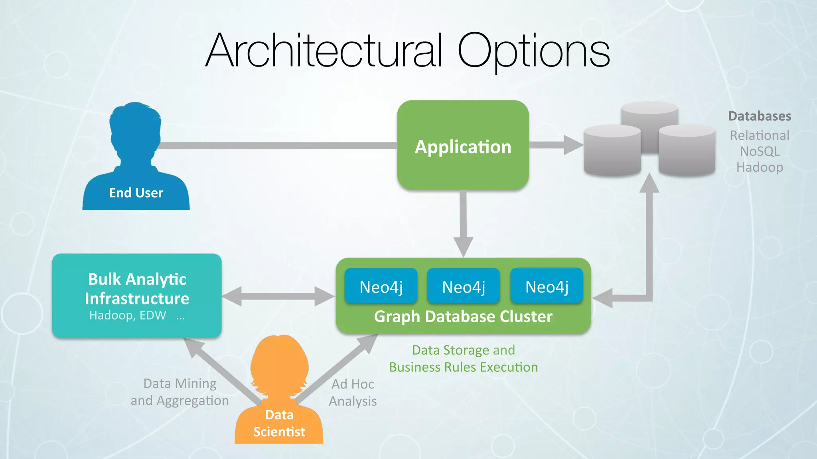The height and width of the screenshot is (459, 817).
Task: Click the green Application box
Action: pos(463,145)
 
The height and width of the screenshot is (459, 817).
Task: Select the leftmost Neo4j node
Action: pos(381,286)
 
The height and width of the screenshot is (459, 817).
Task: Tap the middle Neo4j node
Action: pos(463,286)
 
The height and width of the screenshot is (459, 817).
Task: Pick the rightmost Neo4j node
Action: pos(547,286)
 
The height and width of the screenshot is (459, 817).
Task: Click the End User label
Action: pos(136,193)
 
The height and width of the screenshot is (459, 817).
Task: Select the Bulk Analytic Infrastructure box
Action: pos(137,295)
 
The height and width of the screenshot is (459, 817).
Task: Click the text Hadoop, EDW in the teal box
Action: pos(128,316)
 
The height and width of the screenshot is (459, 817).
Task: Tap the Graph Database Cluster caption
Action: pos(463,317)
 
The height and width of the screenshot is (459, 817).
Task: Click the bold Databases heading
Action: pos(760,116)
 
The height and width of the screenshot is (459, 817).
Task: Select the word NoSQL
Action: pos(760,151)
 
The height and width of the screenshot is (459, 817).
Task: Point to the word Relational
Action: pos(760,135)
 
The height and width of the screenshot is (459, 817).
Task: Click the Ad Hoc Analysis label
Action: pos(353,392)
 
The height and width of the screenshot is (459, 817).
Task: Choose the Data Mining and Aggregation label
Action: pos(180,392)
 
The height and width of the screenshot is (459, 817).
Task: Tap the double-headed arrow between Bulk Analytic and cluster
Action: pos(278,296)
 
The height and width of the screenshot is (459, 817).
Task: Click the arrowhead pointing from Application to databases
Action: pos(572,145)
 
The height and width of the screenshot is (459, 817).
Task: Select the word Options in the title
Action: pos(533,51)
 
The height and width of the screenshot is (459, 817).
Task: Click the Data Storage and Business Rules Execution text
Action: pos(464,359)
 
